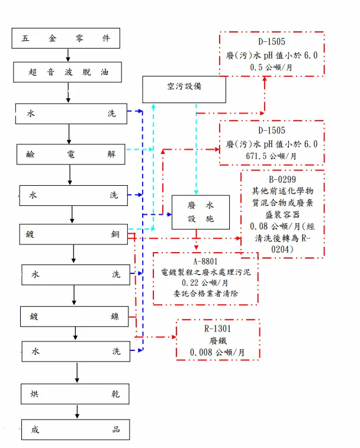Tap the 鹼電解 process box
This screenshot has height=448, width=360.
[70, 154]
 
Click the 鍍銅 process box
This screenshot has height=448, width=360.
[73, 234]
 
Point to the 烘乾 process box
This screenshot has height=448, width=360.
[75, 394]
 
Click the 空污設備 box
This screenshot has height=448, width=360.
[184, 86]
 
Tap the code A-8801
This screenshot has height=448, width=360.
[205, 262]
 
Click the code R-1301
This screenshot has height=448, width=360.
[217, 328]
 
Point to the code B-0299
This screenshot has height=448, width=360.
[281, 179]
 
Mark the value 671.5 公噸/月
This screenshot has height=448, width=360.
[272, 156]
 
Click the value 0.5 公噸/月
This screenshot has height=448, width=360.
[272, 68]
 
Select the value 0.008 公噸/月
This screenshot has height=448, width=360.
[218, 352]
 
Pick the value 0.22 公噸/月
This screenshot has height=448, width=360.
[205, 283]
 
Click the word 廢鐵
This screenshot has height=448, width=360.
[218, 340]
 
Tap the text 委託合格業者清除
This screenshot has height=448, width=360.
[205, 294]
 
